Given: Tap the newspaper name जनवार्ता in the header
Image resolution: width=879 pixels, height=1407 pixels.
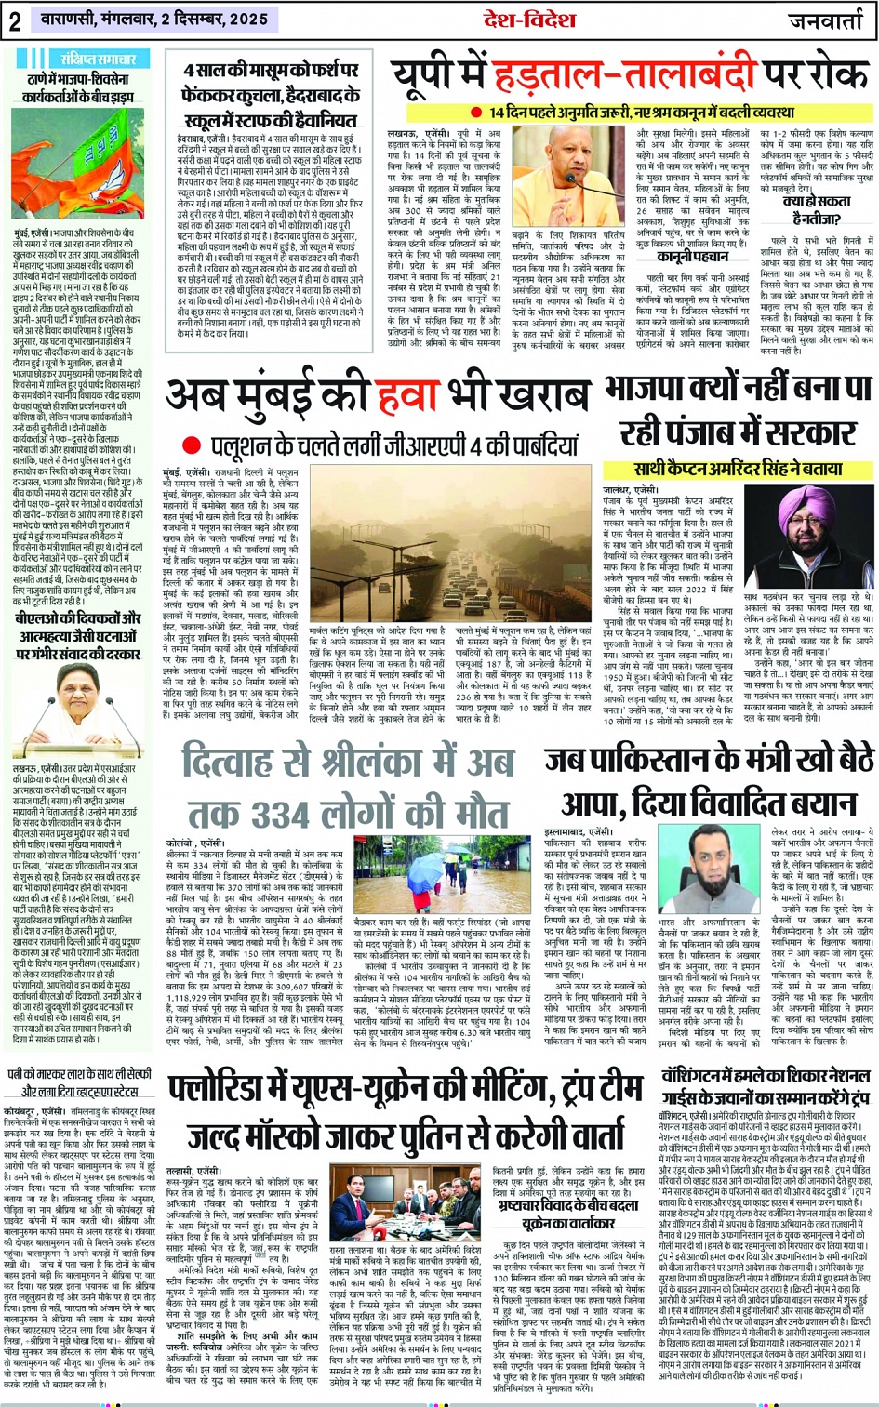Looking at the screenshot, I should click(x=827, y=20).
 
